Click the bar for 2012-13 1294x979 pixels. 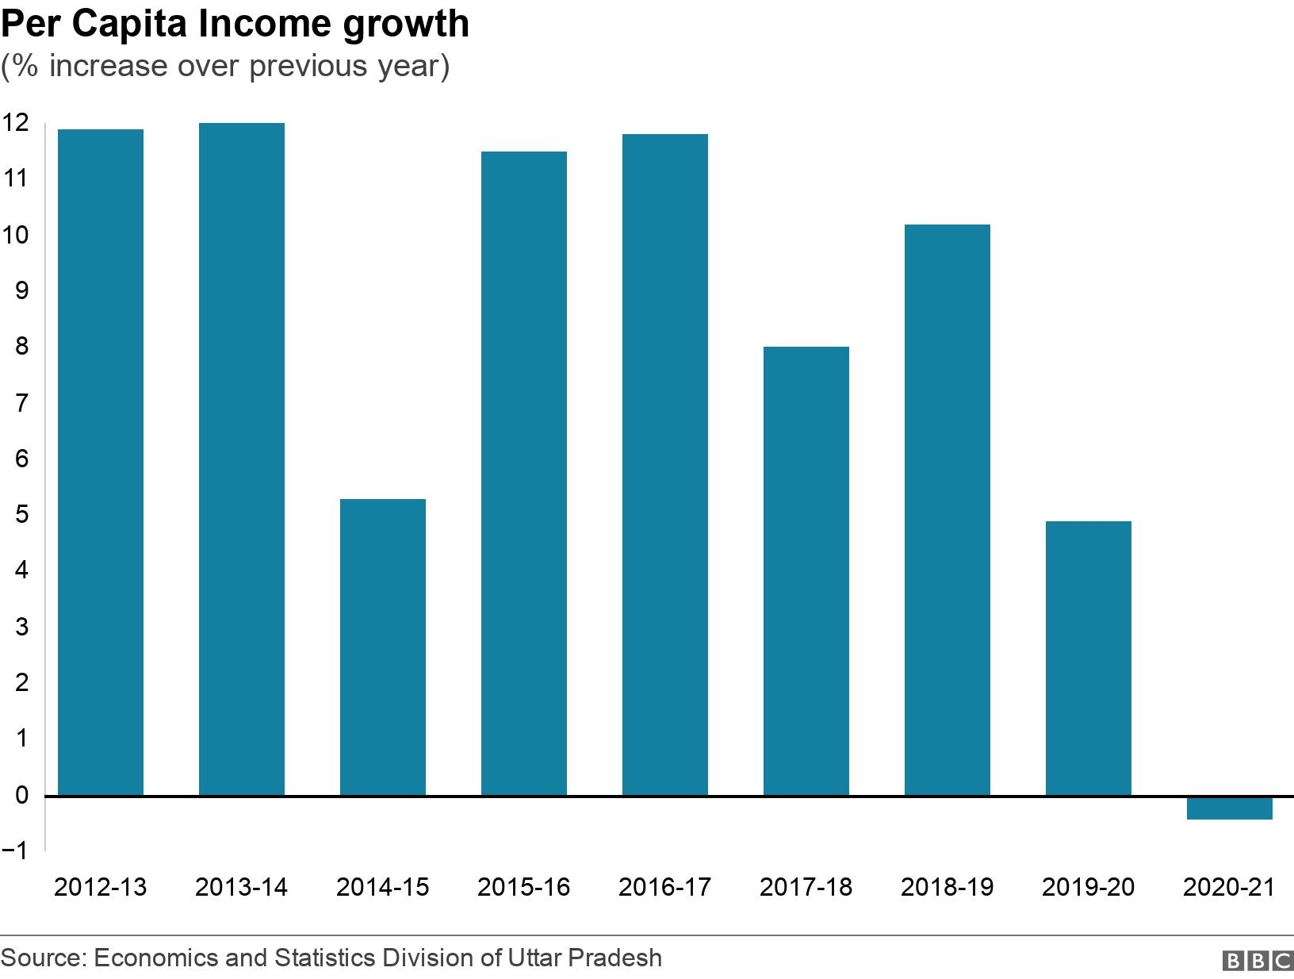tap(101, 462)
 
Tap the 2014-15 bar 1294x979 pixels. tap(383, 647)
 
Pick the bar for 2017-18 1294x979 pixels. tap(806, 570)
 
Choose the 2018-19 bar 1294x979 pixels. tap(948, 509)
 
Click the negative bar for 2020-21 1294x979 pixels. tap(1230, 808)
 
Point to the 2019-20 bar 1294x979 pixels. tap(1089, 658)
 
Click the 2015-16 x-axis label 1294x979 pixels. tap(523, 886)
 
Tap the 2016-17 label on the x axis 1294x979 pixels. tap(664, 886)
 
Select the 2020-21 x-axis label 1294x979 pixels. tap(1229, 886)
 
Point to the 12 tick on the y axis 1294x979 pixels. tap(15, 122)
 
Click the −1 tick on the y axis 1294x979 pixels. tap(15, 850)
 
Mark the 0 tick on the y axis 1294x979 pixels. tap(21, 795)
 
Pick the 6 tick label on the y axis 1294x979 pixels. tap(21, 459)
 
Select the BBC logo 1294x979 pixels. tap(1258, 961)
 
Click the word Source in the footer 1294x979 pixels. tap(43, 958)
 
